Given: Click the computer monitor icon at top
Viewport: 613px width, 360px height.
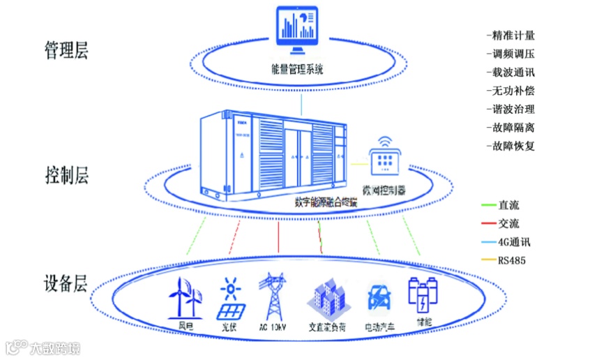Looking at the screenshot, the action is pos(301,33).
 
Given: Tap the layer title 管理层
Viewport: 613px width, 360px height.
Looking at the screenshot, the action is pos(66,52).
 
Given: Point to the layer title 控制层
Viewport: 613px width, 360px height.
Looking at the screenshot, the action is pos(66,174).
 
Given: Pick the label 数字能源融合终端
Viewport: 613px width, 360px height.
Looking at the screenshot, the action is pos(326,202).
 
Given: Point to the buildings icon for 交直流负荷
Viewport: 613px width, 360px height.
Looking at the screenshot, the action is pos(327,299).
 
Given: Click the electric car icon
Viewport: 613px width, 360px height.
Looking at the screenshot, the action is pos(380,299).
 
